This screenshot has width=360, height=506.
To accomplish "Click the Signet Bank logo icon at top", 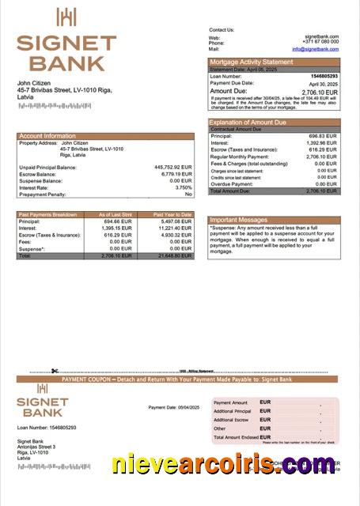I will tap(66, 17).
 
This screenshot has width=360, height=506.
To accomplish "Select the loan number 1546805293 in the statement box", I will tap(322, 76).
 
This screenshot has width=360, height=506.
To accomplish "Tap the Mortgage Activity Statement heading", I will tap(250, 62).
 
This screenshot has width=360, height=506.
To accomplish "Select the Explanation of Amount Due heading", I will tap(248, 123).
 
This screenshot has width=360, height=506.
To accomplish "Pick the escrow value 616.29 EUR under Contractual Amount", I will tap(322, 150).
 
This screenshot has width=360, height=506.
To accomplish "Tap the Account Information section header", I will tap(47, 136).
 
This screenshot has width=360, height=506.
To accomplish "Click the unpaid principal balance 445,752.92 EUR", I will tap(173, 168).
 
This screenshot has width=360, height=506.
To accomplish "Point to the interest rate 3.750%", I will tap(183, 187).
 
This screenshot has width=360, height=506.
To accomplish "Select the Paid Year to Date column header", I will tap(172, 214).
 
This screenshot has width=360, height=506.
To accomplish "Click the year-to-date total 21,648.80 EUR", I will tap(174, 256).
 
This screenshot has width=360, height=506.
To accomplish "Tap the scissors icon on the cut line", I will tap(55, 371).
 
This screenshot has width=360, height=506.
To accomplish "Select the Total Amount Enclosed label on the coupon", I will tap(235, 437).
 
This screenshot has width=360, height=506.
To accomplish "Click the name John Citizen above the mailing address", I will tap(36, 83).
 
